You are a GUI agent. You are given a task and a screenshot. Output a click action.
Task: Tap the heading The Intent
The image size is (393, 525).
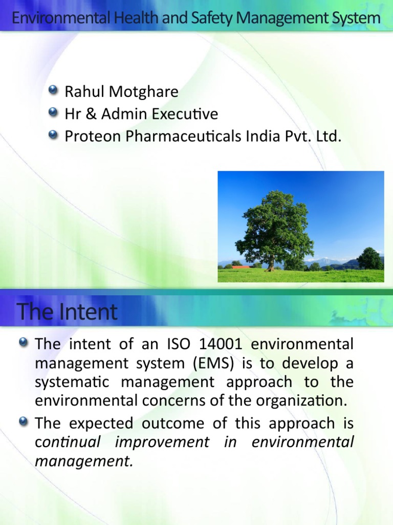(67, 312)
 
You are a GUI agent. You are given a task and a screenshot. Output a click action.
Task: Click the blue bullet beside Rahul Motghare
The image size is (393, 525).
(53, 91)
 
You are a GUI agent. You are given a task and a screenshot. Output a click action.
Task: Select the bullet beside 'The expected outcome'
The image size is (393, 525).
(24, 422)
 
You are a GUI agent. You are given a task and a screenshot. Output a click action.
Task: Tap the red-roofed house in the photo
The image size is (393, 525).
(240, 267)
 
